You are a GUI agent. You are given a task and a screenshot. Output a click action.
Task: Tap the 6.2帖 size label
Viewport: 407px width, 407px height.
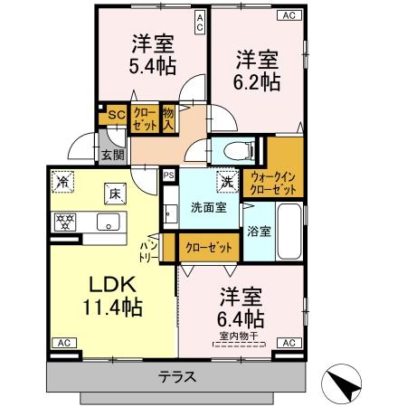click(258, 80)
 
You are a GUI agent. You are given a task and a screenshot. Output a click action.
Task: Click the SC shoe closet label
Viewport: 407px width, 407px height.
click(115, 115)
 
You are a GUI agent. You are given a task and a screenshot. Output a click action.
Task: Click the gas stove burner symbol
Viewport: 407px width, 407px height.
click(65, 220)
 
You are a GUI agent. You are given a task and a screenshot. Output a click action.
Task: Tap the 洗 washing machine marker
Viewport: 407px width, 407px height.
click(224, 180)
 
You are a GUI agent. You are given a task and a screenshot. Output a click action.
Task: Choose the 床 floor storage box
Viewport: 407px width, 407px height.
click(115, 192)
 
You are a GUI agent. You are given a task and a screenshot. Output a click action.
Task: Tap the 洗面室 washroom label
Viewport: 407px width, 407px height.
click(208, 207)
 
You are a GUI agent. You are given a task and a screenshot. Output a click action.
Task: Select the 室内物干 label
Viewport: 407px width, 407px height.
click(239, 336)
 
